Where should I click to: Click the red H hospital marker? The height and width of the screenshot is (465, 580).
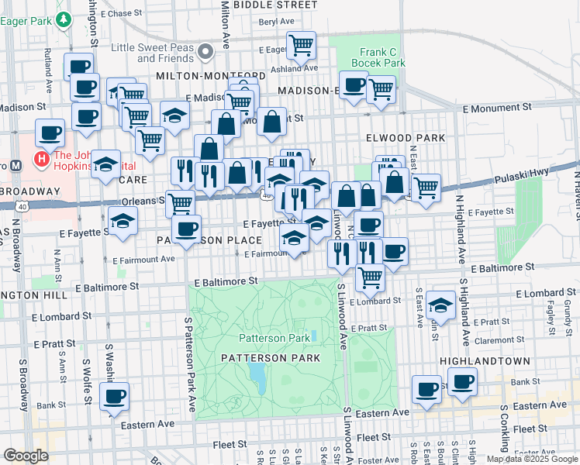(41, 160)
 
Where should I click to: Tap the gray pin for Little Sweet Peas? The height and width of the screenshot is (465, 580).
(205, 52)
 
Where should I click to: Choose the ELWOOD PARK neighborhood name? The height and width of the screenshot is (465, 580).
(406, 137)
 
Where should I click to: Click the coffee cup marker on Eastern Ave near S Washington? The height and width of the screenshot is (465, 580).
(114, 396)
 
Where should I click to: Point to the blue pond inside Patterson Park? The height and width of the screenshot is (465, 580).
(256, 376)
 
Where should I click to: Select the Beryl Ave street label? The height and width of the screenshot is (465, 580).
(278, 22)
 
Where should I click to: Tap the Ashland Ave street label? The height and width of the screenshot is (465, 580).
(294, 68)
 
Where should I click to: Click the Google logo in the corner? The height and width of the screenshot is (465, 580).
(26, 456)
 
